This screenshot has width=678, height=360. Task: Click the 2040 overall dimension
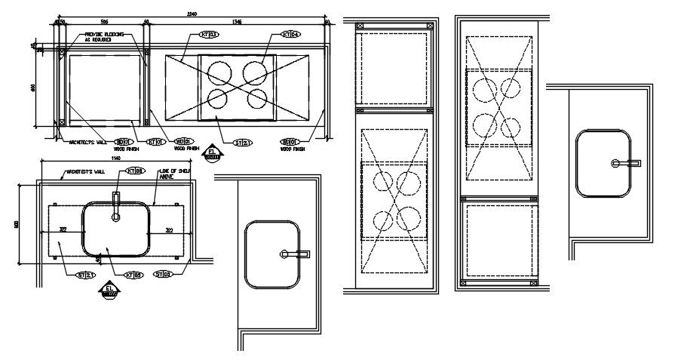tap(193, 14)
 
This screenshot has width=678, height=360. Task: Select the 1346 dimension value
tap(238, 23)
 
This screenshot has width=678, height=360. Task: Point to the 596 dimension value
tap(104, 23)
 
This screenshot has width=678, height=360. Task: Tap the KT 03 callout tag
tap(209, 35)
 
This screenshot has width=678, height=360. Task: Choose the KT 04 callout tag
tap(290, 35)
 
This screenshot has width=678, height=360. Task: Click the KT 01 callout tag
tap(156, 141)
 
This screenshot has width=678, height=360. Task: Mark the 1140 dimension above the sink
tap(115, 159)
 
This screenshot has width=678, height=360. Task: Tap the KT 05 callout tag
tap(134, 275)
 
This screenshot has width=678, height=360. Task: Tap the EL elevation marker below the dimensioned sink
tap(110, 291)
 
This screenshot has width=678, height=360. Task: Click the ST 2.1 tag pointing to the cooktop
tap(243, 142)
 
